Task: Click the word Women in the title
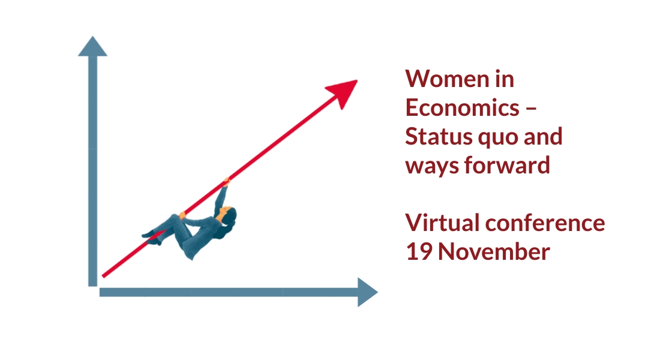coord(446,79)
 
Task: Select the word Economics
coord(462,107)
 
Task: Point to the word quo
coord(496,139)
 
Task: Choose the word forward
coord(507,164)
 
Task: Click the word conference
coord(545,223)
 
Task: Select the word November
coord(494,251)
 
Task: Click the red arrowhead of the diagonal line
coord(343,92)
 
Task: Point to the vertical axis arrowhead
coord(92,46)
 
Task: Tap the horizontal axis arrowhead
coord(367,292)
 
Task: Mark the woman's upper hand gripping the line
coord(226,182)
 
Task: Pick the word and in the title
coord(543,136)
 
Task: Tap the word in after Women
coord(504,79)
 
